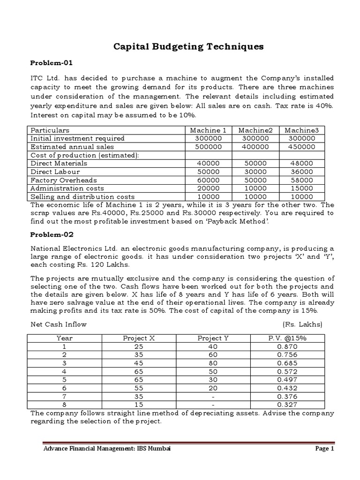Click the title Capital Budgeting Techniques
pos(189,46)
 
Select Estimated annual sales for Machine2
pos(254,147)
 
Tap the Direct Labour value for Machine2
pos(254,172)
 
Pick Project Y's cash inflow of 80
pos(213,363)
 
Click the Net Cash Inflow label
pos(59,324)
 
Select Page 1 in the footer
pos(324,449)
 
